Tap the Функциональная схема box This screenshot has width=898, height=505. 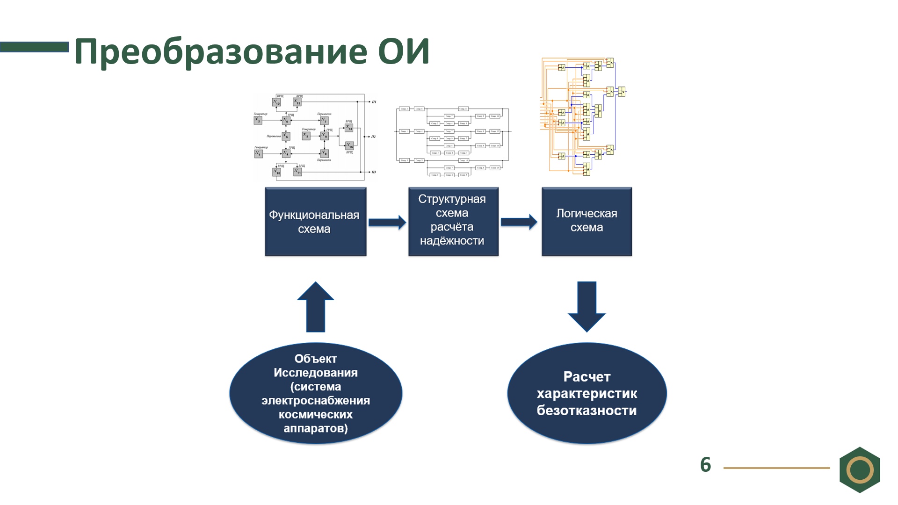(x=315, y=222)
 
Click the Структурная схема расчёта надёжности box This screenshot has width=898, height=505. (x=453, y=221)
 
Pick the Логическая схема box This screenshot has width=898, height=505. (x=587, y=221)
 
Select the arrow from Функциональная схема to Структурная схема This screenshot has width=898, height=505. (x=387, y=223)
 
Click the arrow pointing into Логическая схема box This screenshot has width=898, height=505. (x=519, y=222)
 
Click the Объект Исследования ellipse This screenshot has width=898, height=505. (x=316, y=393)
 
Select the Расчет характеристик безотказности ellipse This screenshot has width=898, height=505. (x=587, y=393)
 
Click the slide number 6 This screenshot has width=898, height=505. (x=705, y=465)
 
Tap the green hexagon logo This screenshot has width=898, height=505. (x=860, y=469)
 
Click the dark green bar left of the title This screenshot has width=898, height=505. (x=34, y=47)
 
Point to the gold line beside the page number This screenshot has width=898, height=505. (x=776, y=468)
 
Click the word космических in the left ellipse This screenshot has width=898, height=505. (x=316, y=415)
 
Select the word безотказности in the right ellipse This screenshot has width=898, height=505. (x=587, y=411)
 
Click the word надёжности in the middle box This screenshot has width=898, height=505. (x=452, y=241)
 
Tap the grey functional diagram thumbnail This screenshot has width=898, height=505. (x=315, y=137)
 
